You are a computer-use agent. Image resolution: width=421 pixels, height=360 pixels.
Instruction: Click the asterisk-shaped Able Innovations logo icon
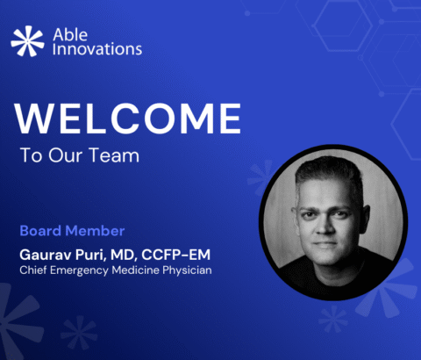[x=27, y=40]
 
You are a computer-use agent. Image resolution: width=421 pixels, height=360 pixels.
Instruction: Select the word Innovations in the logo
[x=98, y=49]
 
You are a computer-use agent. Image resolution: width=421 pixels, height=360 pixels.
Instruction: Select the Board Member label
[x=71, y=231]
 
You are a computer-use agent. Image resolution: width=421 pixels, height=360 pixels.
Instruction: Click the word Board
[x=39, y=231]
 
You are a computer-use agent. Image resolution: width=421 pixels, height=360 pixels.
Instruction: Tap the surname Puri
[x=91, y=254]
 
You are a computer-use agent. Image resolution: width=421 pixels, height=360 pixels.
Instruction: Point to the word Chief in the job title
[x=32, y=269]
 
